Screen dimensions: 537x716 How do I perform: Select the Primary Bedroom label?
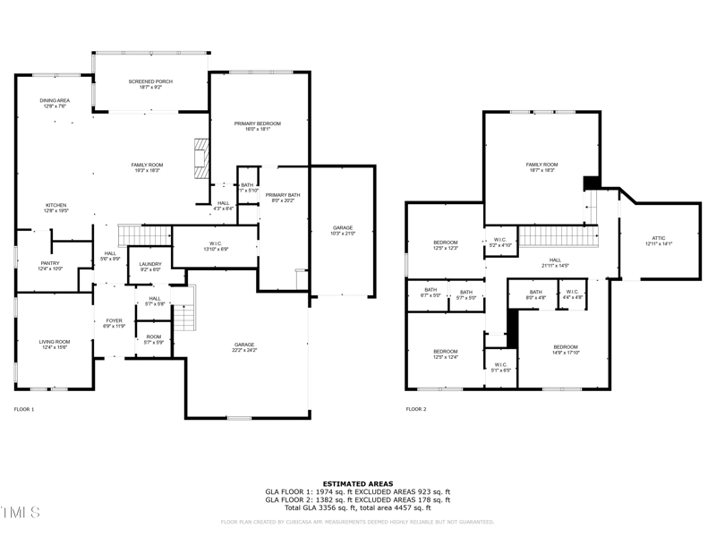point(258,125)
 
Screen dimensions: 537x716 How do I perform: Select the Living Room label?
point(55,345)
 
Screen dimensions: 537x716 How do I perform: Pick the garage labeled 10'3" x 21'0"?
point(344,230)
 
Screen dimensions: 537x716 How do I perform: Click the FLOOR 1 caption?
point(24,409)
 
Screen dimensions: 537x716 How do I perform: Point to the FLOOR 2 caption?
point(416,409)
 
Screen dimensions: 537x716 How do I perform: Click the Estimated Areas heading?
point(357,483)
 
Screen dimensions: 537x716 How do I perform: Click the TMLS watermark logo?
point(20,513)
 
